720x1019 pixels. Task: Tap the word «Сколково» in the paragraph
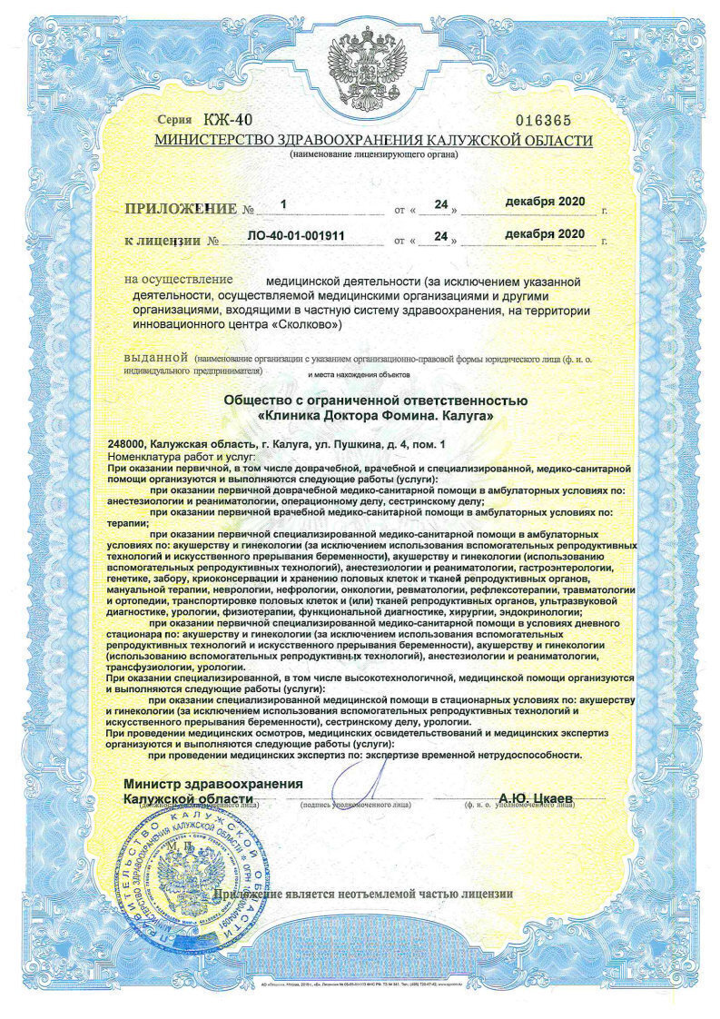[307, 323]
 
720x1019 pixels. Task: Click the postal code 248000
[126, 443]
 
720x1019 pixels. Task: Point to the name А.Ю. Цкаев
[535, 797]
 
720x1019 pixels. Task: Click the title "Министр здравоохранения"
[212, 784]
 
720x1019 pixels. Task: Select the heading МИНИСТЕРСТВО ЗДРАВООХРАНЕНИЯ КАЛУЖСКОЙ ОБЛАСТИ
[373, 141]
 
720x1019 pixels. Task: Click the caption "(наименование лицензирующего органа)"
[373, 155]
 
